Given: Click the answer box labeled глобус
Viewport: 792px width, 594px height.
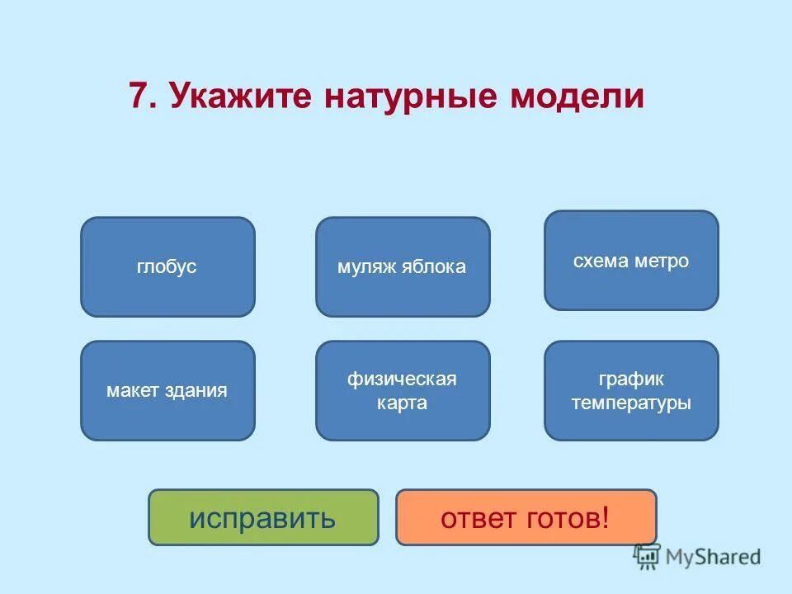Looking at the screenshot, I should [x=167, y=266].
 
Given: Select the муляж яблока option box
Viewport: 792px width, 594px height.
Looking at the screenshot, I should [x=403, y=266].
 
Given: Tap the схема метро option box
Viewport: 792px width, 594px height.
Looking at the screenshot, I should [x=631, y=261].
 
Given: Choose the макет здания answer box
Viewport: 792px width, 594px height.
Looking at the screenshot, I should [x=167, y=390].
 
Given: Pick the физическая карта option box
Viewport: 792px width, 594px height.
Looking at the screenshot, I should [x=403, y=390].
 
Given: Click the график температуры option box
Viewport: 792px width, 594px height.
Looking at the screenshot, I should [x=631, y=390].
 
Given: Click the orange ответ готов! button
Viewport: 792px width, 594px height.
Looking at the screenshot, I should [x=526, y=517].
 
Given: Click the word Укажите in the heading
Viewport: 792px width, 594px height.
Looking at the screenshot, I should [x=243, y=97].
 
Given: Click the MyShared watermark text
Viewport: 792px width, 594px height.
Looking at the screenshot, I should [x=714, y=557].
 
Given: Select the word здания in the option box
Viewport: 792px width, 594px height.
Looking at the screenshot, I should [x=198, y=390].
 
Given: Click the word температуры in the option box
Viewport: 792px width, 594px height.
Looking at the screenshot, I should [x=631, y=403].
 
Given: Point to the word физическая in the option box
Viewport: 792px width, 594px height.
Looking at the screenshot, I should [x=402, y=379].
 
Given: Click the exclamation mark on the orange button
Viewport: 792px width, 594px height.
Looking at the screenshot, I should [x=606, y=517].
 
